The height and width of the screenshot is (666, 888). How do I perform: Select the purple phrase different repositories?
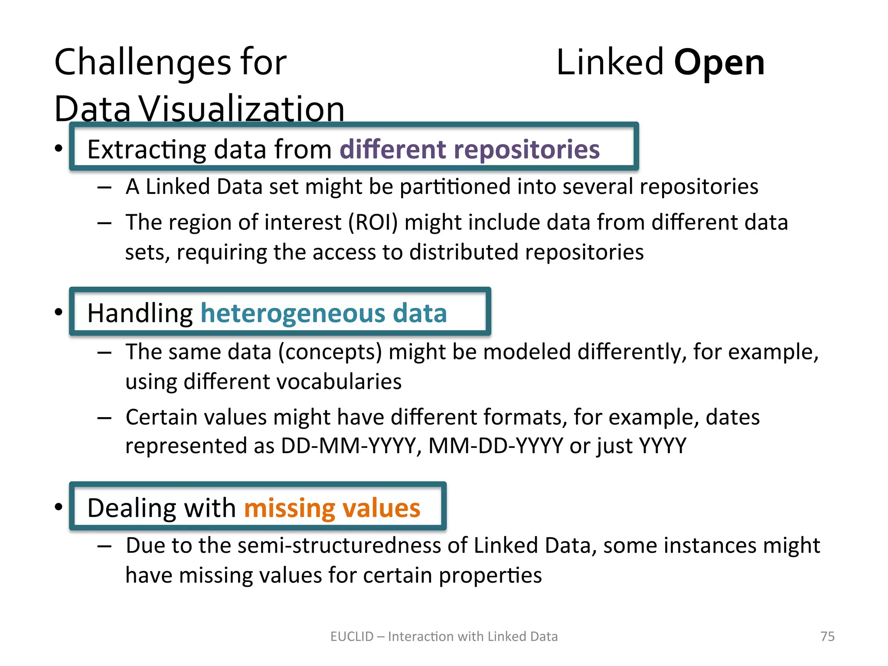tap(470, 150)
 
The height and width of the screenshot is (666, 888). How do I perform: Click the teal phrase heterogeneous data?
tap(323, 313)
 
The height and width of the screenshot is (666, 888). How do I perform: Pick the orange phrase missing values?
tap(332, 508)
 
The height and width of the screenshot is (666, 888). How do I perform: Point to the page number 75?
tap(827, 637)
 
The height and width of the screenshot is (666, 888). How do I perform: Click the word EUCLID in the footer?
tap(352, 637)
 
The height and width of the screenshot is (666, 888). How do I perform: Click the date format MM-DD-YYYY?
tap(496, 446)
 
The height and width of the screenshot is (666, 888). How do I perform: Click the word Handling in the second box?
tap(140, 313)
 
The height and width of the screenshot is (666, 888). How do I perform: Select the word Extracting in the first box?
tap(147, 150)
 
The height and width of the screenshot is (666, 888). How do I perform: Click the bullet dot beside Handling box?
tap(59, 312)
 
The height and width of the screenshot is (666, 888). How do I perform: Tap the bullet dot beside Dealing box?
tap(59, 506)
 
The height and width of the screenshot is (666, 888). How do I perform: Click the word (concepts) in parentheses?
tap(330, 352)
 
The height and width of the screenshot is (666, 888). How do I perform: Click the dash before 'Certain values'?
tap(104, 418)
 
